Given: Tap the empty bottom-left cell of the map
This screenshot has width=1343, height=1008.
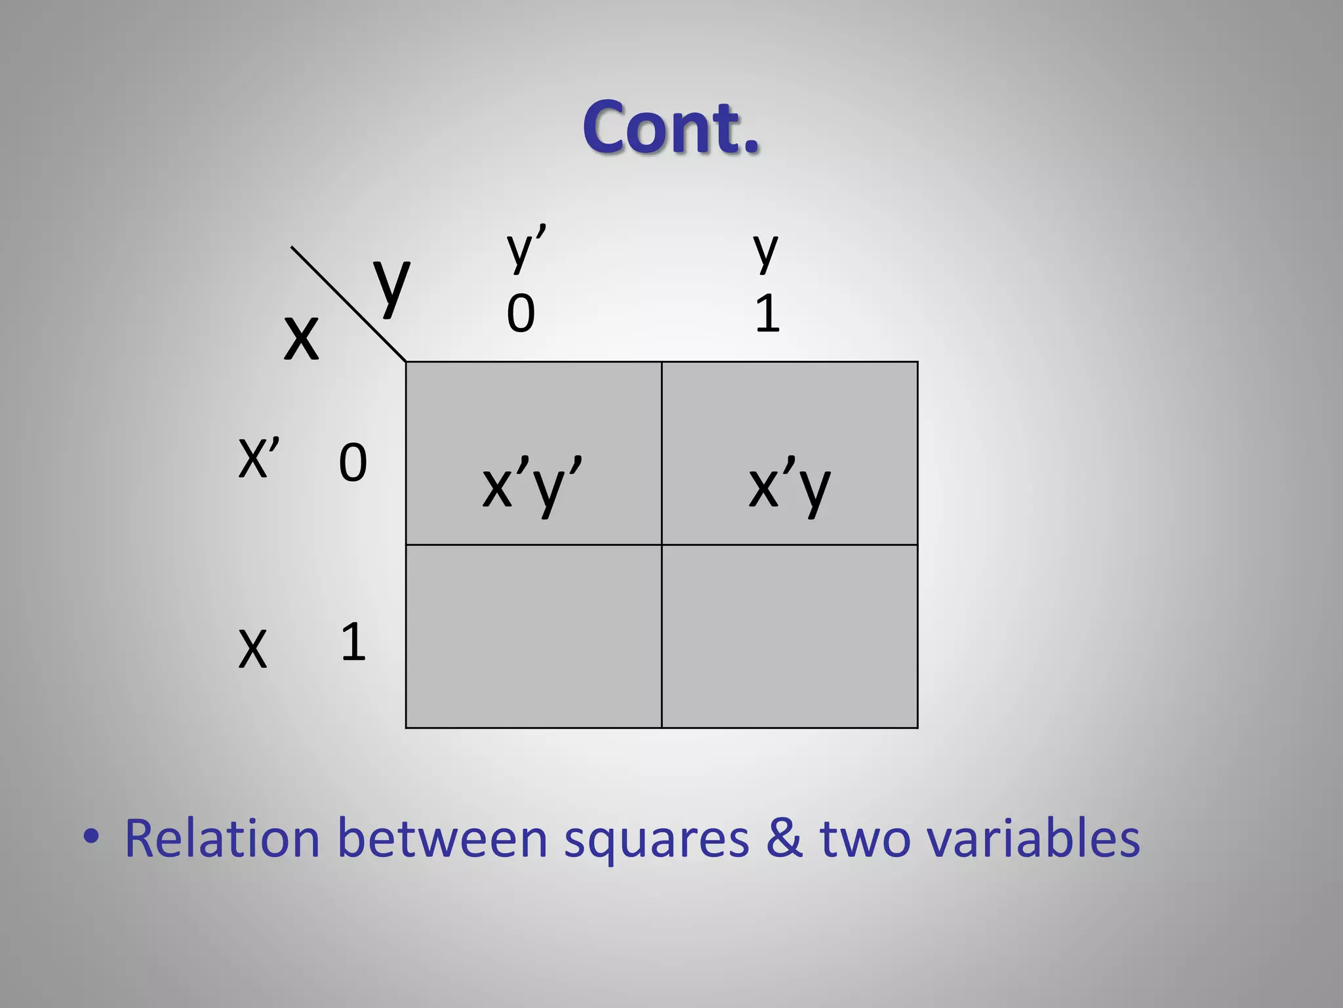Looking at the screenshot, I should click(x=533, y=636).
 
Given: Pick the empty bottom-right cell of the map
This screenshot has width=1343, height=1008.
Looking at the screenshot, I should click(x=790, y=636).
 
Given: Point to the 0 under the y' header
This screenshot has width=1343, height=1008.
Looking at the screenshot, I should click(x=521, y=314).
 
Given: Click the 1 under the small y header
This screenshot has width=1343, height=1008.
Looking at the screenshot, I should click(x=767, y=314).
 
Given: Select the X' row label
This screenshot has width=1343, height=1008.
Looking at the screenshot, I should click(x=258, y=458).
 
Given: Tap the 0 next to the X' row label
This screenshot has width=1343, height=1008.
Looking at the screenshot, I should click(x=352, y=463).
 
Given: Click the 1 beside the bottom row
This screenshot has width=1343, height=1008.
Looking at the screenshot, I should click(x=353, y=642).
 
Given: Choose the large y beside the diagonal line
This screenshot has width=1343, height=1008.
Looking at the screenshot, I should click(x=391, y=283).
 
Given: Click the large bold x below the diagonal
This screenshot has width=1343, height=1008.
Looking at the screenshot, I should click(x=301, y=337).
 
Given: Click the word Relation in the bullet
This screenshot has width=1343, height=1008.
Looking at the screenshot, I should click(x=222, y=838).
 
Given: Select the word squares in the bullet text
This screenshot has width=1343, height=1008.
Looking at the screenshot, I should click(x=656, y=839).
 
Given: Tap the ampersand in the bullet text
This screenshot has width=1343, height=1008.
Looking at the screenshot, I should click(x=784, y=838).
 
